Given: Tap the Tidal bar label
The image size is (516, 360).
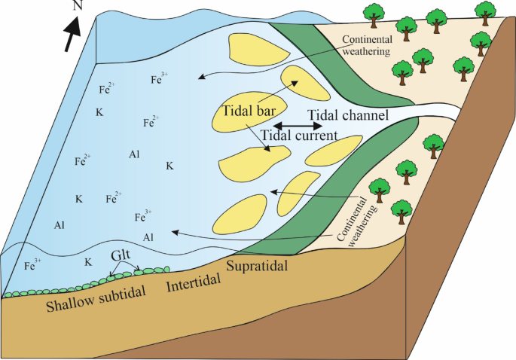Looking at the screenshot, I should [x=249, y=109].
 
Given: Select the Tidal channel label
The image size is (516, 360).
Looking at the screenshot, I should [x=347, y=115].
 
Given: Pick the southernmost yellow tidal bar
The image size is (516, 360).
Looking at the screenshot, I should [x=240, y=213].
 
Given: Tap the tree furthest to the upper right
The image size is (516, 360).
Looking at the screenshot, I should [x=485, y=10].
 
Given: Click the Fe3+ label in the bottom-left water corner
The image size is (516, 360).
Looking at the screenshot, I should [x=32, y=264].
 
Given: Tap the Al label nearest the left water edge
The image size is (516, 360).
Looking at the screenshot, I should [x=60, y=225].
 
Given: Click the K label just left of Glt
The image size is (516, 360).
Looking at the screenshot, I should [x=88, y=262].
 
